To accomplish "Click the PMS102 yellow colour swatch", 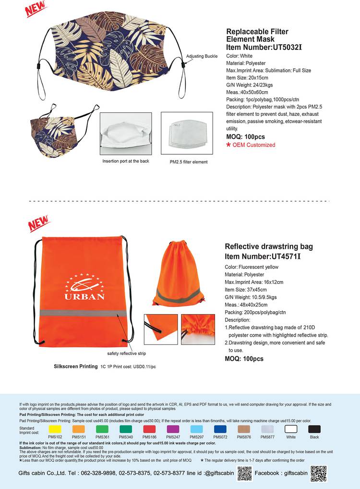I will click(55, 429).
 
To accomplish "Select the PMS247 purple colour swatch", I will click(173, 429).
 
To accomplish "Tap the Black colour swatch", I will click(314, 429).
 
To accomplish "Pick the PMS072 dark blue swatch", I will click(220, 429).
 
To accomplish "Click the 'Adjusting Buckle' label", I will click(202, 57).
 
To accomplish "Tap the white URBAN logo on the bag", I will click(84, 287).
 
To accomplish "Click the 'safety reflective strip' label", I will click(126, 354).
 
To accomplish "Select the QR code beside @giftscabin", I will click(244, 474).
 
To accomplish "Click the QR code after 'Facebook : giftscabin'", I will click(319, 474).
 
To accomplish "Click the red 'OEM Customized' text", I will click(253, 145).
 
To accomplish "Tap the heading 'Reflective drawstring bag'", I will click(269, 246).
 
